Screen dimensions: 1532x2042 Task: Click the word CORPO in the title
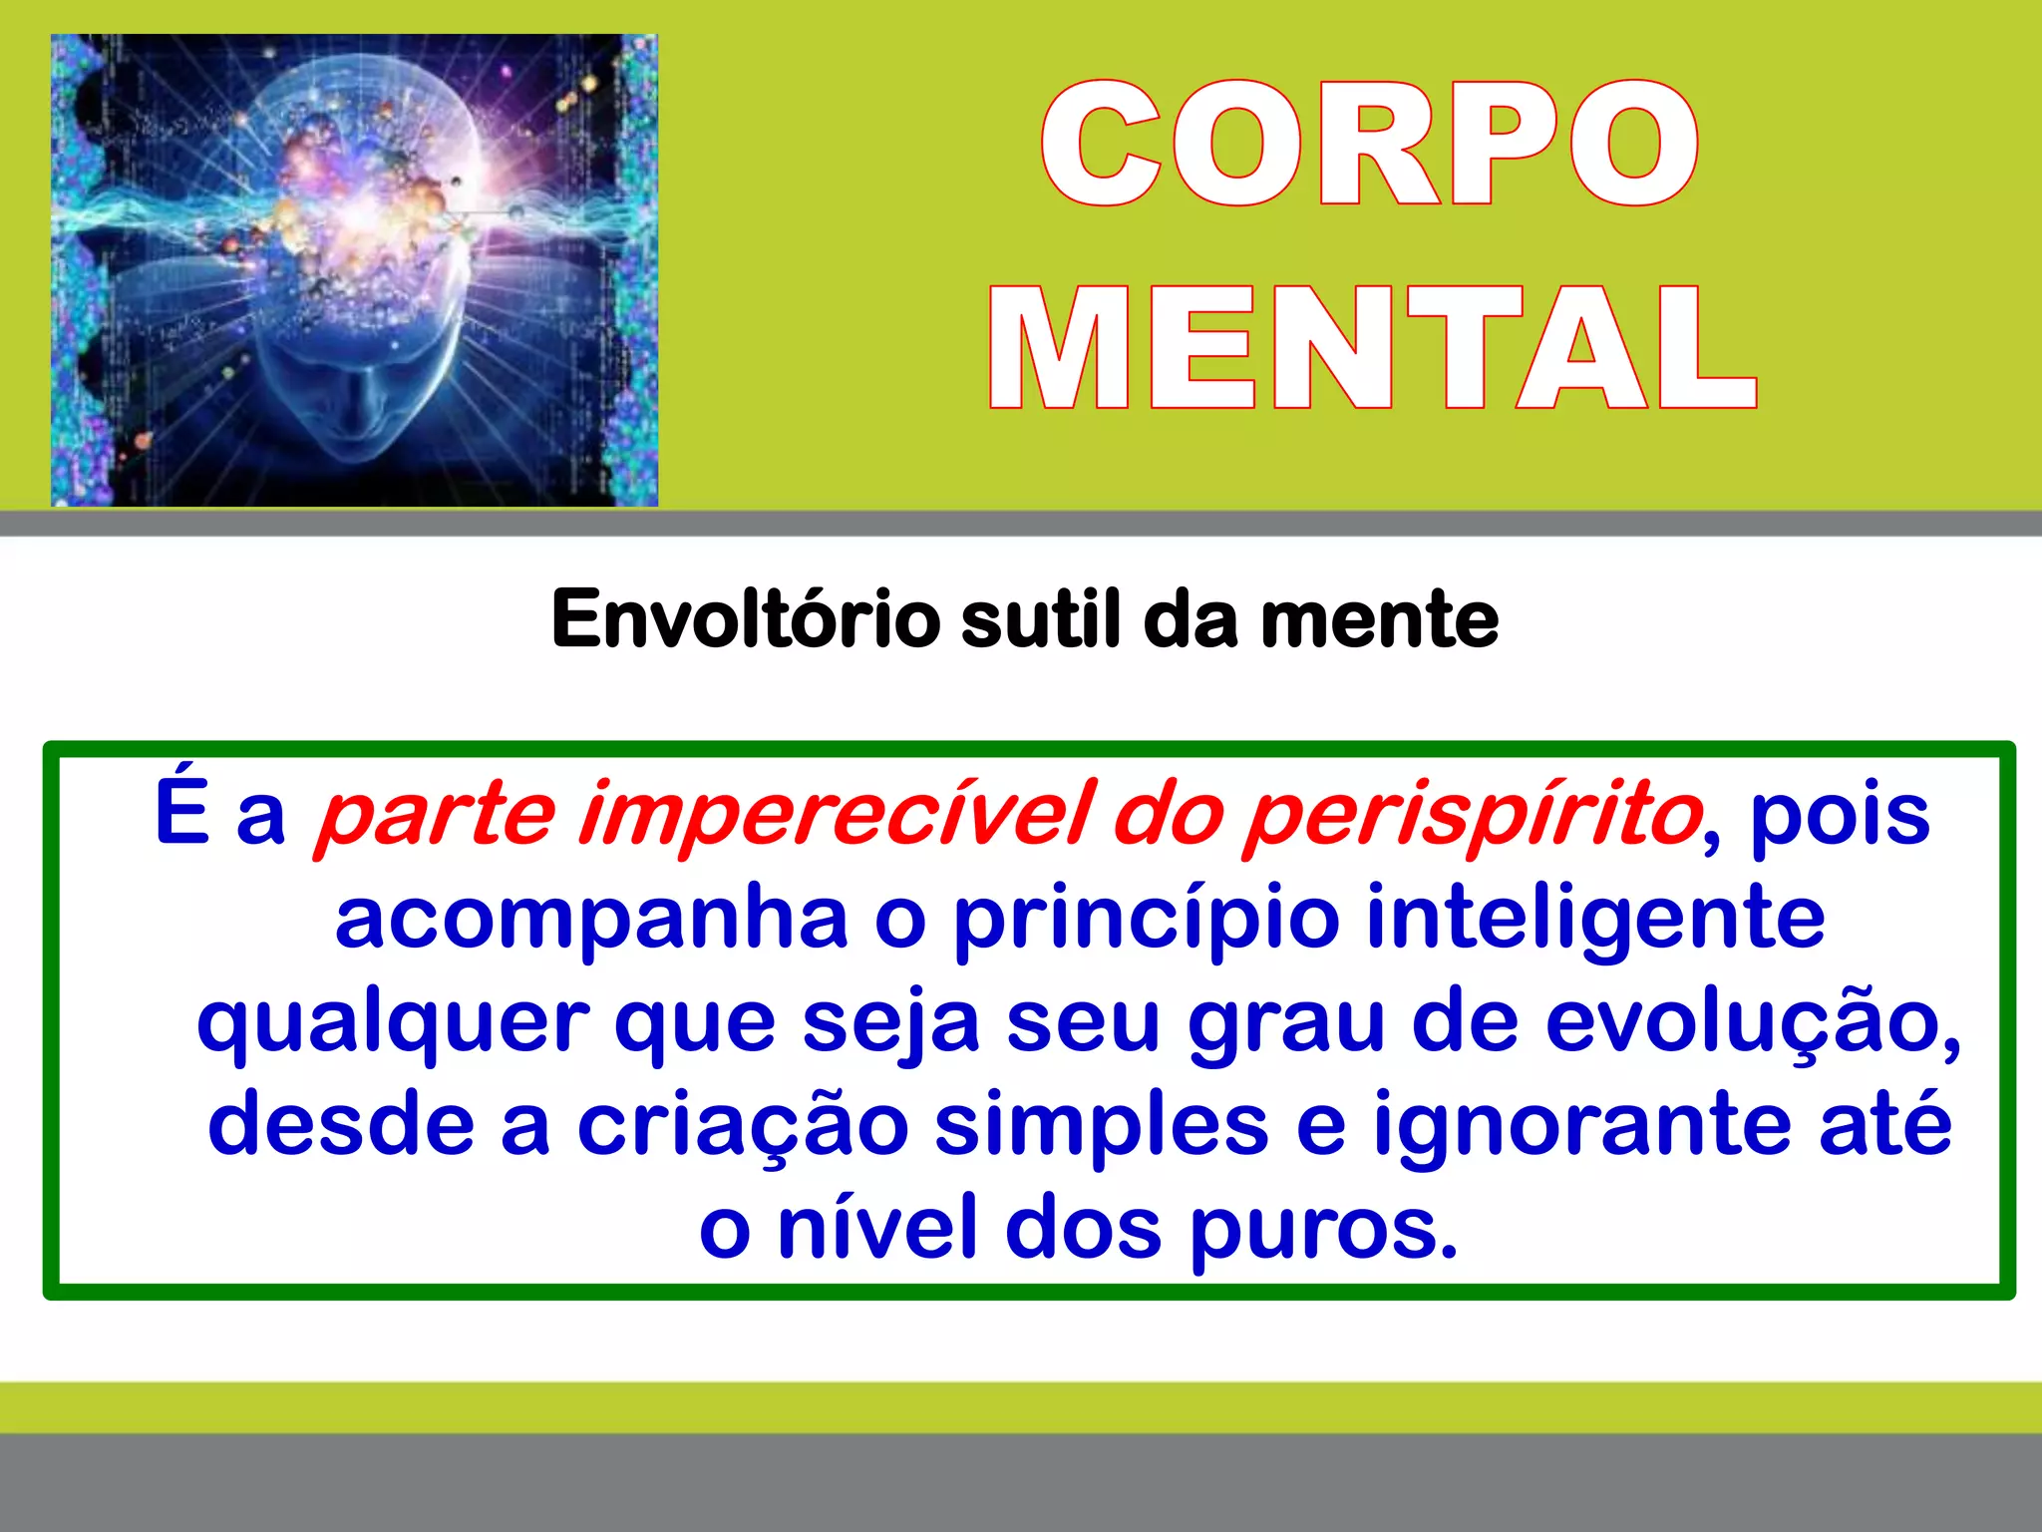point(1370,144)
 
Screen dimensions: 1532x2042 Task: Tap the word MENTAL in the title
point(1373,348)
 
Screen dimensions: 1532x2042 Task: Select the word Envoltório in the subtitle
point(745,619)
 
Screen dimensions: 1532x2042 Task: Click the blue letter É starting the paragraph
point(181,812)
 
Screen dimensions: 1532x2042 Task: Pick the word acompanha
point(591,920)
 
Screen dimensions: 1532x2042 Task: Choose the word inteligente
point(1595,920)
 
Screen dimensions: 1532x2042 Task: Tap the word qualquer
point(393,1025)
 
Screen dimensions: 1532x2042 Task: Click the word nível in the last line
point(878,1229)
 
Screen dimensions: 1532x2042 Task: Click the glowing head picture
point(354,270)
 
